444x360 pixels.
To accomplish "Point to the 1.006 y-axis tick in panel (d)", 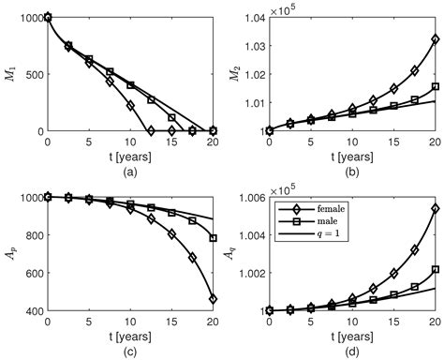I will tap(248, 198).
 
